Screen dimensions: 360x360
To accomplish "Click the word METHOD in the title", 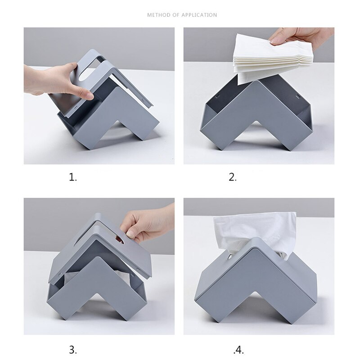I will click(157, 15).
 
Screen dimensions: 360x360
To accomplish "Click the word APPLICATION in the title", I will click(199, 15).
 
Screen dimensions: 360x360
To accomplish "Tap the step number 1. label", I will click(73, 177).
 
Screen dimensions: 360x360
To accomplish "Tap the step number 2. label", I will click(233, 177).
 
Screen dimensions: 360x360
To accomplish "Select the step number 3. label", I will click(73, 349).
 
